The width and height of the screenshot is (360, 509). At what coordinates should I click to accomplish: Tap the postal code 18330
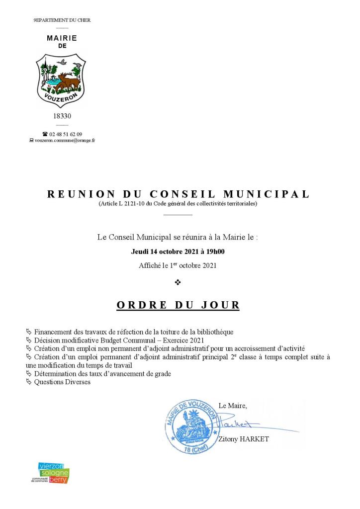[x=62, y=116]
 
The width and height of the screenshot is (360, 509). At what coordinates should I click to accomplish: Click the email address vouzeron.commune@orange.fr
[x=65, y=141]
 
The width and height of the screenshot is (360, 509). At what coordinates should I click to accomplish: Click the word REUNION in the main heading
[x=81, y=194]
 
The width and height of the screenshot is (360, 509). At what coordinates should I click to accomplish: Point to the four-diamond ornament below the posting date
[x=178, y=282]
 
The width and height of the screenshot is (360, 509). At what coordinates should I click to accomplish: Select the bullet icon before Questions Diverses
[x=28, y=382]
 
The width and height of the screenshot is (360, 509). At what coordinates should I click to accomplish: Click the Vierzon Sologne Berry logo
[x=53, y=473]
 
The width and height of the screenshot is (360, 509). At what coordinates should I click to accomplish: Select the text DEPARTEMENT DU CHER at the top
[x=62, y=20]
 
